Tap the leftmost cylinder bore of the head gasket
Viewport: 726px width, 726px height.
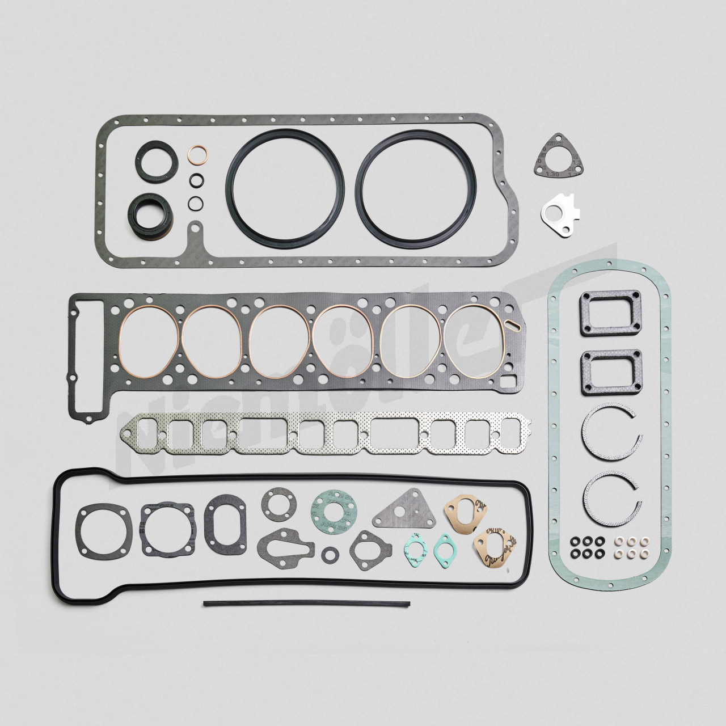coord(149,341)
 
